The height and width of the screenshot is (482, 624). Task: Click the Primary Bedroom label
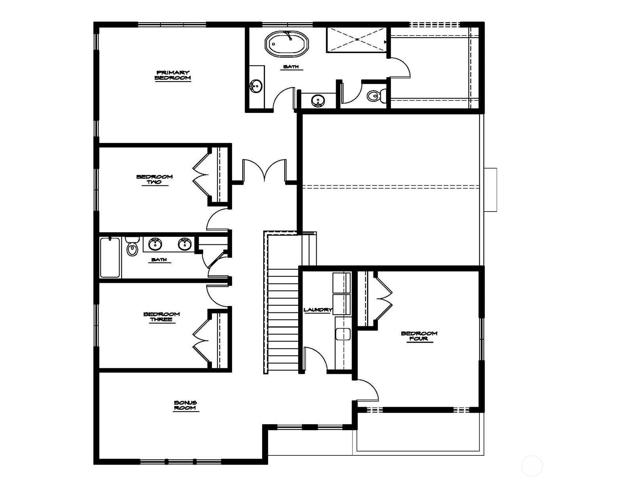pyautogui.click(x=173, y=75)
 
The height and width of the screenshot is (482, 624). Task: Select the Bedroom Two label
pyautogui.click(x=155, y=179)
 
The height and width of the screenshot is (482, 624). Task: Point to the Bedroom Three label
pyautogui.click(x=162, y=317)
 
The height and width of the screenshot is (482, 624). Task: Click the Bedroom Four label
pyautogui.click(x=419, y=336)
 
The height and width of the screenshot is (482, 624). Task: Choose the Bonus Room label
pyautogui.click(x=186, y=405)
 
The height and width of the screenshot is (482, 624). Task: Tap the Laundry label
pyautogui.click(x=318, y=310)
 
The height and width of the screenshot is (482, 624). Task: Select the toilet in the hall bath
pyautogui.click(x=132, y=247)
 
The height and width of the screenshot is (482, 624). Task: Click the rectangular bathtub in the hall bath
pyautogui.click(x=110, y=258)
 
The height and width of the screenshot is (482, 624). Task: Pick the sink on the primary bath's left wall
pyautogui.click(x=256, y=86)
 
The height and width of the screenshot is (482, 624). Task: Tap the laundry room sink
pyautogui.click(x=343, y=334)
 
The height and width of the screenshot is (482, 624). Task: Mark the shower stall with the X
pyautogui.click(x=357, y=40)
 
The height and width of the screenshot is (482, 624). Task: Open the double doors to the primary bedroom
pyautogui.click(x=264, y=171)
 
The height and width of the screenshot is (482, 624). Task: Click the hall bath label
pyautogui.click(x=159, y=260)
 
